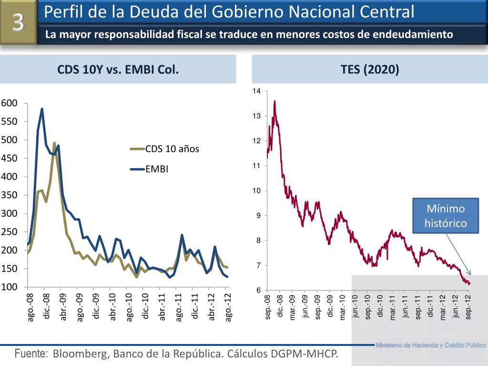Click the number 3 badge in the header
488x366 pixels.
[18, 23]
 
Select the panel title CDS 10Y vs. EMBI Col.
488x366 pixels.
[118, 70]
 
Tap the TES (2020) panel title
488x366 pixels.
[369, 70]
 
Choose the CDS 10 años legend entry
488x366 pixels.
[172, 149]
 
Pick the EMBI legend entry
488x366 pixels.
[157, 169]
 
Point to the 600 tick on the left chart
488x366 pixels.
[9, 103]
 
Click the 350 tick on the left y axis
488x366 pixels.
[9, 195]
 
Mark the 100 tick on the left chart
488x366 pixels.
[9, 287]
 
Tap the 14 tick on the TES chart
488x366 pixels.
[257, 91]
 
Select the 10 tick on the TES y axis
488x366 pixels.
[257, 191]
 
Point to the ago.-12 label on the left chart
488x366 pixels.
[228, 308]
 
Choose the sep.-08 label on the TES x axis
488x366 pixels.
[267, 307]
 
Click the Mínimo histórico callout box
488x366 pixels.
[445, 216]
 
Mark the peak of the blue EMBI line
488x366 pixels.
[42, 109]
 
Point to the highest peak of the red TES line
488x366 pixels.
[274, 101]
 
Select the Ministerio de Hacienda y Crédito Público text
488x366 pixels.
[430, 345]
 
